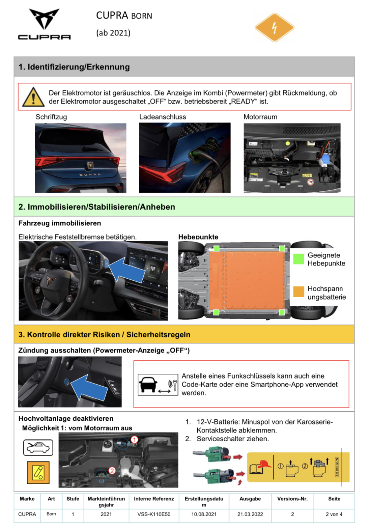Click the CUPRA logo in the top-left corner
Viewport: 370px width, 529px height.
point(44,24)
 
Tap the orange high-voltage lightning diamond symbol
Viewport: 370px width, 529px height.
point(274,27)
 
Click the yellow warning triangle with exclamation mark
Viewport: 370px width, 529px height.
point(33,97)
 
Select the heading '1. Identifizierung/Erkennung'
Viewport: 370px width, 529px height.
point(74,67)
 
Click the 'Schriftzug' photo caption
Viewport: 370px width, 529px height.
point(51,117)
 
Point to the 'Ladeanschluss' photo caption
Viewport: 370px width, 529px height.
point(163,117)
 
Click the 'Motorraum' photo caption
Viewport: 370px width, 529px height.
point(260,117)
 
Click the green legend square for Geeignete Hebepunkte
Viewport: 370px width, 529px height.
point(298,259)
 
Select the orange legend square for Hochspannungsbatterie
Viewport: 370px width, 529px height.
point(298,291)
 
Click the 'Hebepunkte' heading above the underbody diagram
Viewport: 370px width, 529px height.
point(198,237)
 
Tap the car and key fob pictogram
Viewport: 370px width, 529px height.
point(158,384)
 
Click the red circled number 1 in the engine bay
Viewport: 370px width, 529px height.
point(134,440)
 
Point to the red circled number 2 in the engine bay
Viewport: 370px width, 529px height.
point(112,471)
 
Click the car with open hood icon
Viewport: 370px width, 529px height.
point(38,448)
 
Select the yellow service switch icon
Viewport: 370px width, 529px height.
point(38,472)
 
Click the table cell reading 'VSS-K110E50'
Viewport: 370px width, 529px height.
point(154,514)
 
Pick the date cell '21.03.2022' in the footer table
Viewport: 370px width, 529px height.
point(250,514)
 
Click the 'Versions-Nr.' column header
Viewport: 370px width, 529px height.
point(292,499)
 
